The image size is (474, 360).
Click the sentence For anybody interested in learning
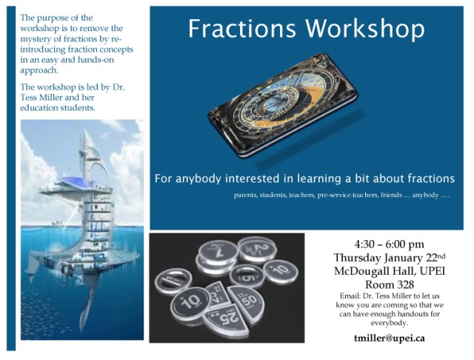coord(304,179)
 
